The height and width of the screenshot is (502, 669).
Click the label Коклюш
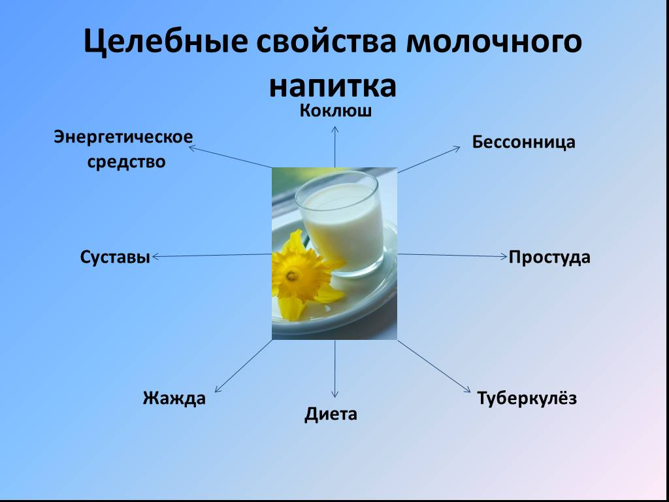click(x=336, y=110)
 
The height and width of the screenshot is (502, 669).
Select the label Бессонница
click(x=524, y=142)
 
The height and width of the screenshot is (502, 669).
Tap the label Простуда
click(x=549, y=258)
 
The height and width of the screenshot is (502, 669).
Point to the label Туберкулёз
click(x=527, y=398)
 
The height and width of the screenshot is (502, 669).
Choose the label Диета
click(x=331, y=414)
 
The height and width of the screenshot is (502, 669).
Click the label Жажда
click(x=174, y=398)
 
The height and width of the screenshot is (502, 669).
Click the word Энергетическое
click(x=123, y=138)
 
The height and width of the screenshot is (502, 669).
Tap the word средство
click(x=127, y=161)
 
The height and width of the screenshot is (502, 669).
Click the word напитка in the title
click(x=333, y=85)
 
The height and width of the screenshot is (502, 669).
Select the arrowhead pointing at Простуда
click(x=504, y=256)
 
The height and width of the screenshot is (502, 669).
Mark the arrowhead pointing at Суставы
click(x=155, y=257)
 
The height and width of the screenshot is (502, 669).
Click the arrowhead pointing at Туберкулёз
click(x=468, y=390)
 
